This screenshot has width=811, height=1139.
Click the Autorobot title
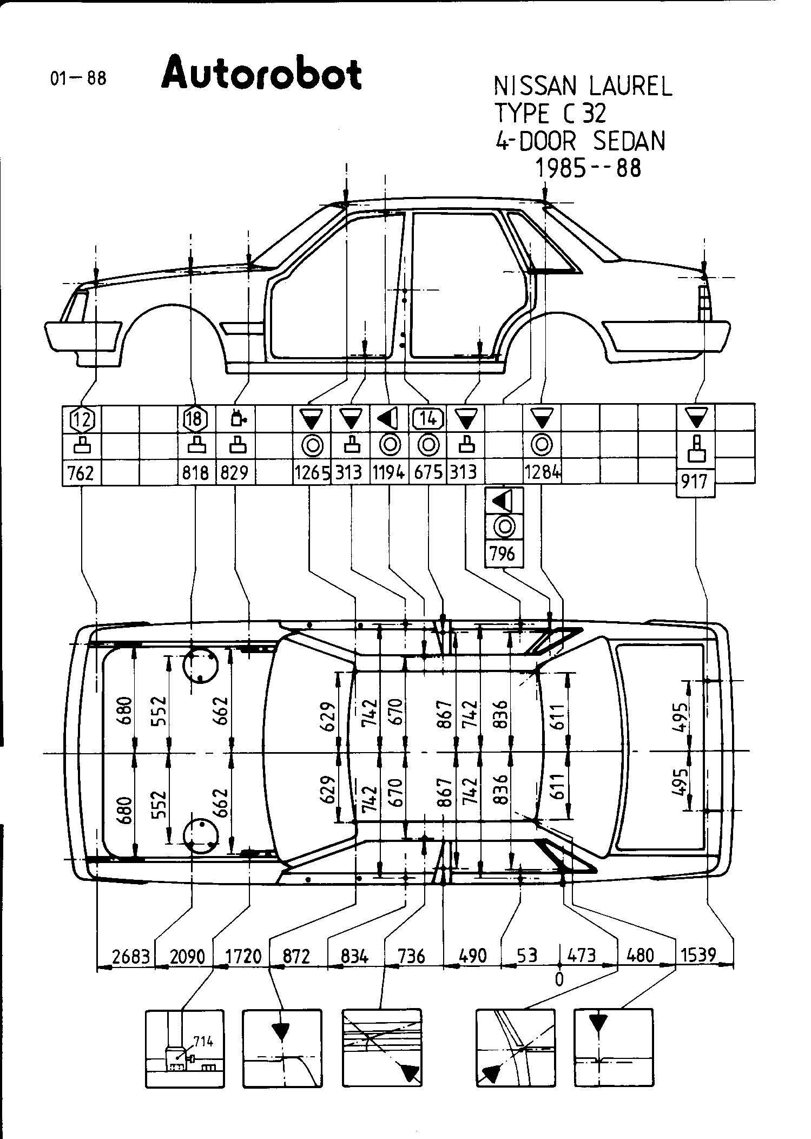pyautogui.click(x=261, y=73)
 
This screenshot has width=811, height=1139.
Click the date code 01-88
pyautogui.click(x=78, y=78)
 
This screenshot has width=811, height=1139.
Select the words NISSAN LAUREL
pyautogui.click(x=583, y=87)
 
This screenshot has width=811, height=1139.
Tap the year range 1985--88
pyautogui.click(x=588, y=168)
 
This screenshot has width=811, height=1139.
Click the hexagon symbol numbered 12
pyautogui.click(x=82, y=418)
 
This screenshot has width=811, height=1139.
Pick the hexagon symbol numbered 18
pyautogui.click(x=195, y=418)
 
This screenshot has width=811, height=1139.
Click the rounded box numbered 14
pyautogui.click(x=428, y=418)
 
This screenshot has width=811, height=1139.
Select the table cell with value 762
pyautogui.click(x=81, y=473)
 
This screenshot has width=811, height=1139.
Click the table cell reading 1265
pyautogui.click(x=312, y=473)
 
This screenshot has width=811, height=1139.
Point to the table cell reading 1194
pyautogui.click(x=388, y=473)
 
